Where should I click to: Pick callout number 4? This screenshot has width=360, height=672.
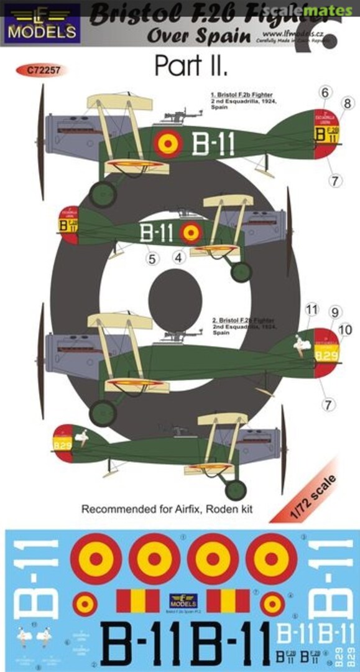180,256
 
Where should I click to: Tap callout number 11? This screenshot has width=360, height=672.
312,309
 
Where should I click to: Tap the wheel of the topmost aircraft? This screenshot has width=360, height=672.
103,194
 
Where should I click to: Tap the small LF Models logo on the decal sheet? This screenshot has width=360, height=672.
184,600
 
